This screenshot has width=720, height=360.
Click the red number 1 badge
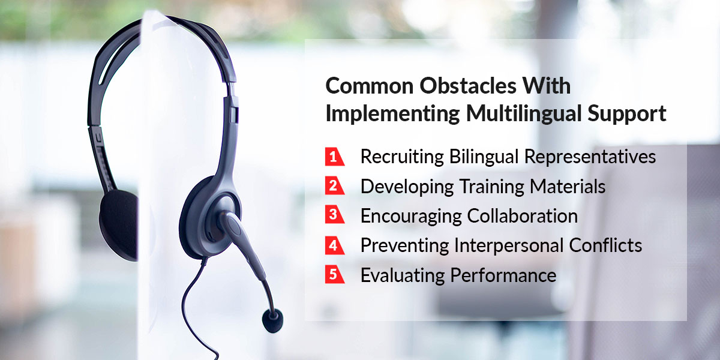(334, 157)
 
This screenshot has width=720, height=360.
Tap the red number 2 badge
(334, 185)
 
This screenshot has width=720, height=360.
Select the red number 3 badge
(334, 214)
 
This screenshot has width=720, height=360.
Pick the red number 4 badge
(334, 245)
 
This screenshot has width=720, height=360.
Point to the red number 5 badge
(334, 275)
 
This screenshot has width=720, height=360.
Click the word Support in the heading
(627, 115)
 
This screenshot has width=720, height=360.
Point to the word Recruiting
(402, 157)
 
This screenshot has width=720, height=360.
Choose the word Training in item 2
(491, 187)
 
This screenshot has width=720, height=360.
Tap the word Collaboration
(523, 215)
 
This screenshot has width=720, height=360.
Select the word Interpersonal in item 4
(509, 246)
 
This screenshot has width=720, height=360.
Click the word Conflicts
(605, 245)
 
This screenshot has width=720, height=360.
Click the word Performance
(503, 276)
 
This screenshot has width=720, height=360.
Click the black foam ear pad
(119, 225)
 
